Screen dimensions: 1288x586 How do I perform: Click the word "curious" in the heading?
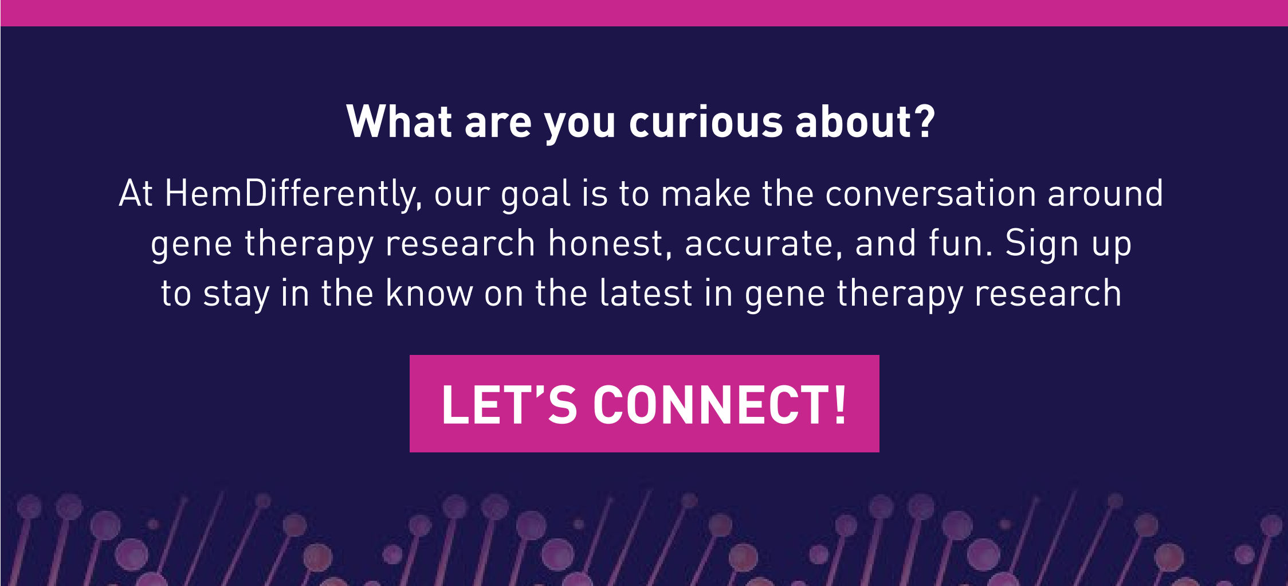point(706,122)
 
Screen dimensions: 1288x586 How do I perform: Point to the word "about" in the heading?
point(854,121)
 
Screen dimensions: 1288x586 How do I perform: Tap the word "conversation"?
point(930,193)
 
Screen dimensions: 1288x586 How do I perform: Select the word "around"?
point(1105,193)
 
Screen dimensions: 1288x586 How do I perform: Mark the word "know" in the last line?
point(429,292)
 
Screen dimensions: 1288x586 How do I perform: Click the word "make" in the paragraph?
point(705,193)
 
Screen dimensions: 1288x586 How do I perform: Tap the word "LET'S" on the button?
point(509,404)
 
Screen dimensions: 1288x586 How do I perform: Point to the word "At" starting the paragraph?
point(136,193)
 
